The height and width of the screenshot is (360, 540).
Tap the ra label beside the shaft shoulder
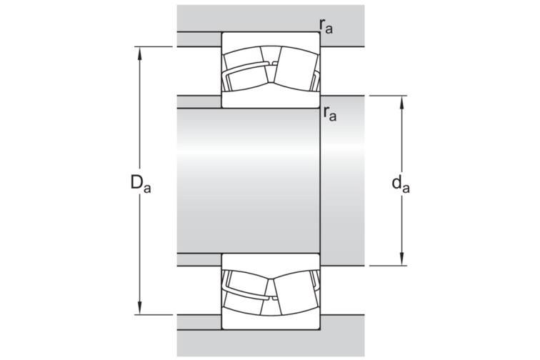tap(330, 112)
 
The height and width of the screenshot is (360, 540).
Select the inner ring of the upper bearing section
tap(270, 100)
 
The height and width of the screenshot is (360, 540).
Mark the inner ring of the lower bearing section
tap(270, 261)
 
